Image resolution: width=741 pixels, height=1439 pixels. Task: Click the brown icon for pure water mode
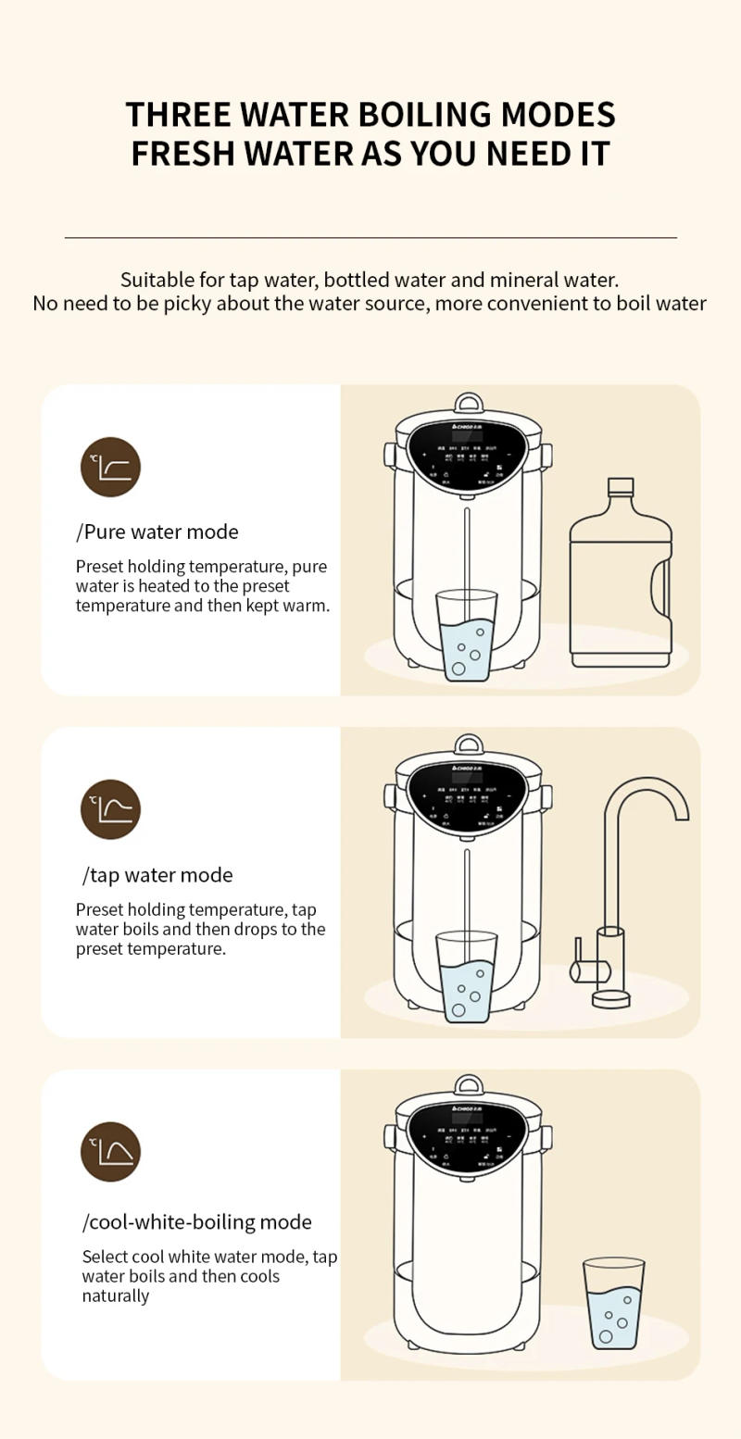(x=110, y=467)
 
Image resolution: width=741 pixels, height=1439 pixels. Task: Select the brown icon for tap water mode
(x=110, y=809)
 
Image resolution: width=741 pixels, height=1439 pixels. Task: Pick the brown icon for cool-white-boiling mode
(x=110, y=1152)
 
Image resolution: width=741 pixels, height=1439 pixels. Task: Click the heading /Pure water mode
(x=157, y=532)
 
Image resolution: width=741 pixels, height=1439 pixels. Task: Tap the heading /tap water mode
(x=157, y=875)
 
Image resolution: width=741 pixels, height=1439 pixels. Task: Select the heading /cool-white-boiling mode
(x=196, y=1222)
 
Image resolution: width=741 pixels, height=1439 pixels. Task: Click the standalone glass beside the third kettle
(x=613, y=1303)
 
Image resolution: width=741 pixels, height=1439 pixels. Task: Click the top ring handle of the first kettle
(x=468, y=403)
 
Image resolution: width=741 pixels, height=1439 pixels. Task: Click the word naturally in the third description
(x=116, y=1295)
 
